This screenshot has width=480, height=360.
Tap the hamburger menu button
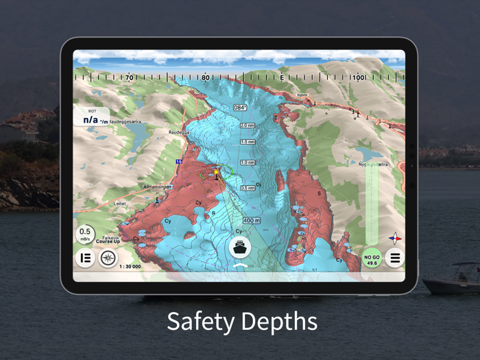[x=394, y=259]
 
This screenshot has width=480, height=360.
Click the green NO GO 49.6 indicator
[x=372, y=259]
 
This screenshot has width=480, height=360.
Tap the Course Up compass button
[x=108, y=259]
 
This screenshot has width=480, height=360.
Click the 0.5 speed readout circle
[x=85, y=235]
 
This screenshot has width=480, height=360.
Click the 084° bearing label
[x=240, y=108]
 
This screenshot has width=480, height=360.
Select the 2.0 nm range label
[x=248, y=125]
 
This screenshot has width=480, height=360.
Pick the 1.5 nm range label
[x=248, y=142]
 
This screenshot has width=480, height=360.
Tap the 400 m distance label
[x=252, y=220]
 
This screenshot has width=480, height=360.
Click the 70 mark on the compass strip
[x=129, y=78]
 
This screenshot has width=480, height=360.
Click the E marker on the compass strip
[x=282, y=78]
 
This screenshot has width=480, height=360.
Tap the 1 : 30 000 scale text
[x=130, y=266]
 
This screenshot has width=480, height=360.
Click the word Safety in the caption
[x=200, y=321]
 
